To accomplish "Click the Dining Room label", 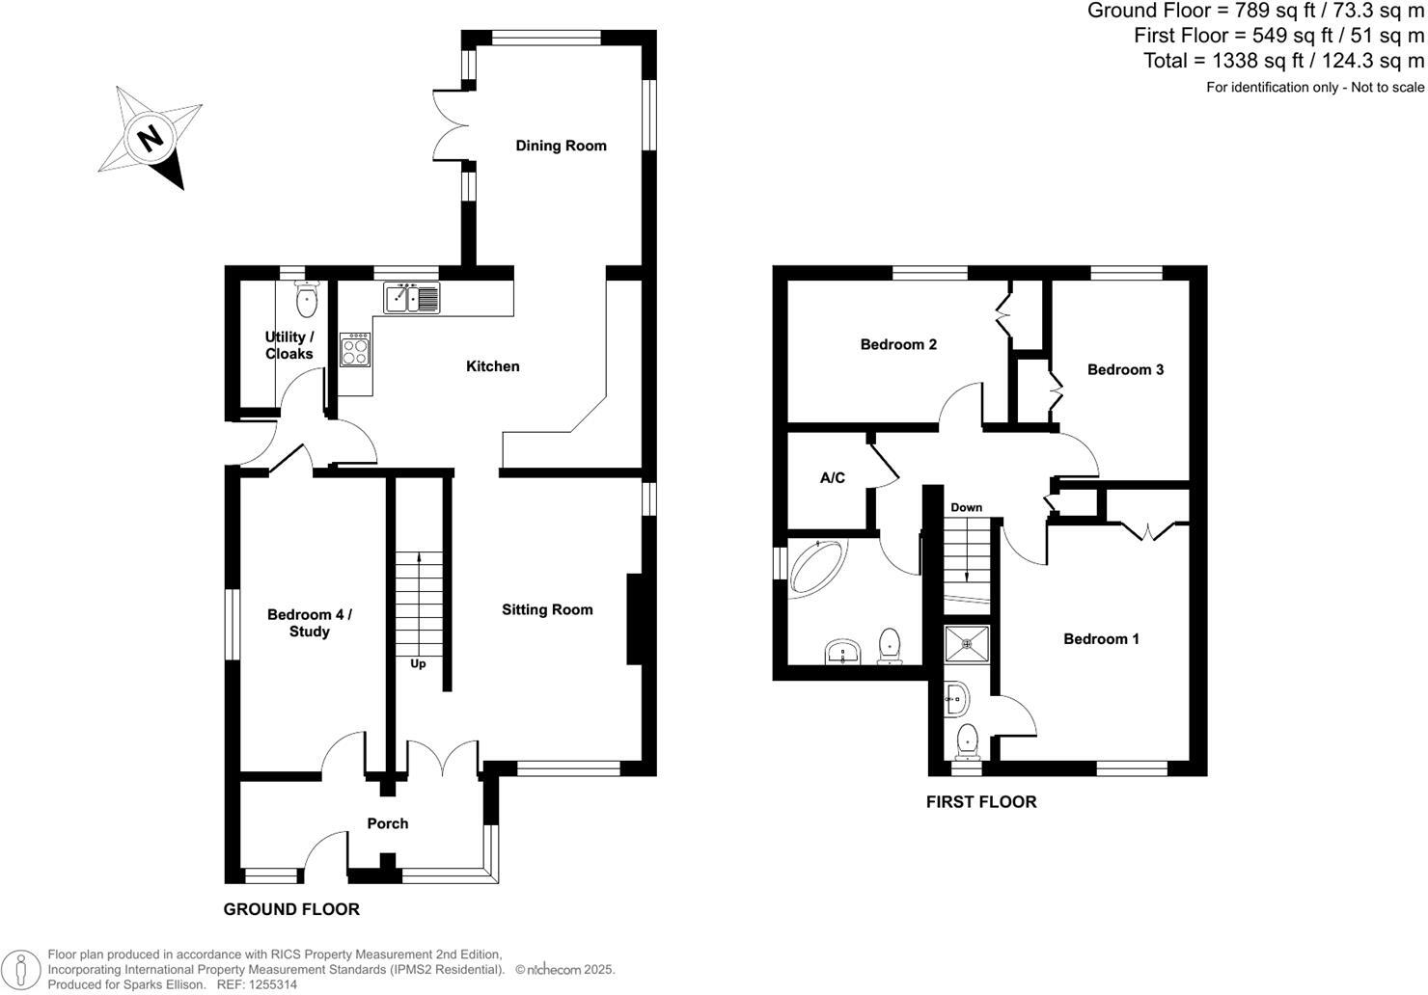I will tap(561, 146).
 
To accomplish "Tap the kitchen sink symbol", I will tap(412, 298).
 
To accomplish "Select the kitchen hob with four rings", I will tap(354, 349).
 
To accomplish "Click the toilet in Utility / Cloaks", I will tap(307, 300).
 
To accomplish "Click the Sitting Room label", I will tap(547, 609).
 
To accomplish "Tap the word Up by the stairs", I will tap(418, 663).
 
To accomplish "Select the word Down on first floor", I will tap(966, 507).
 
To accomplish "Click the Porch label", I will tap(387, 823).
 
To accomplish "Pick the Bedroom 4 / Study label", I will tap(310, 623).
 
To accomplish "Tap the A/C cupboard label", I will tap(833, 477).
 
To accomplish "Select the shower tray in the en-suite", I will tap(966, 643).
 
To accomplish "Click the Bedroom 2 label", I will tap(898, 344).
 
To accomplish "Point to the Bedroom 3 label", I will tap(1125, 369).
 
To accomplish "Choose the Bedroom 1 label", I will tap(1101, 638).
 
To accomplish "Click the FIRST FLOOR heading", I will tap(980, 801).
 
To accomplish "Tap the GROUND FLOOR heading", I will tap(291, 909).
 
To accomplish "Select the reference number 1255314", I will tap(272, 985).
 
